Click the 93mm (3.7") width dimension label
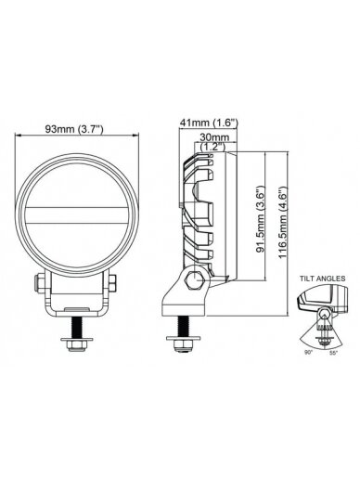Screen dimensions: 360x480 [x=74, y=129]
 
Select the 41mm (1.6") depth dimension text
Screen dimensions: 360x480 [x=209, y=123]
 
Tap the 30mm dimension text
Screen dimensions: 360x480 [x=214, y=136]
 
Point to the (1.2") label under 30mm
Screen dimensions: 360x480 [x=213, y=147]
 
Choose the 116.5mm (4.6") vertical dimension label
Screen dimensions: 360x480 [x=283, y=222]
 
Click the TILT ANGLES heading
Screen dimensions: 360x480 [x=322, y=279]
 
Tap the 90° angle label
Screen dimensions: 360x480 [x=308, y=353]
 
